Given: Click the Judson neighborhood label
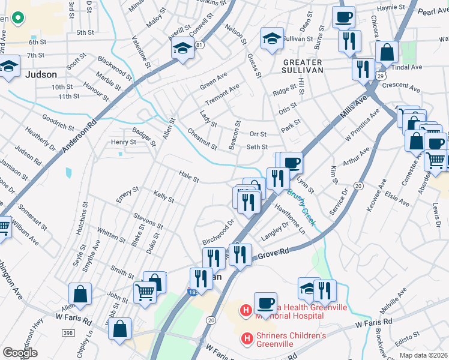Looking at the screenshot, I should click(41, 75).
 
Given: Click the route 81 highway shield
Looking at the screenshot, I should click(199, 44).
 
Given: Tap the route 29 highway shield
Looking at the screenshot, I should click(381, 74).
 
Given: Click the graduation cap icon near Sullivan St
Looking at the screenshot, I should click(272, 38).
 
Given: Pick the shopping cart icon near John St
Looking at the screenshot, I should click(146, 292).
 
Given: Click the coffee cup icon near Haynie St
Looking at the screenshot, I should click(344, 17).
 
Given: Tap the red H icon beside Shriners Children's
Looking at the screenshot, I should click(246, 339).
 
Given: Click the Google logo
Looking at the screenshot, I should click(20, 353).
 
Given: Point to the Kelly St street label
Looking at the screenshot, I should click(163, 197).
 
